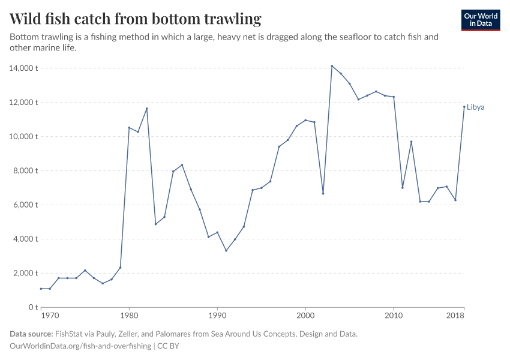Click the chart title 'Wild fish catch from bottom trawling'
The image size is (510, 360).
click(x=136, y=19)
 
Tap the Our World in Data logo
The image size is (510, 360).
click(x=480, y=20)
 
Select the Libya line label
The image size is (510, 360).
click(x=475, y=107)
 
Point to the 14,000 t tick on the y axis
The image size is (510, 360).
click(x=24, y=68)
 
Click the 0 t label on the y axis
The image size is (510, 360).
click(x=33, y=308)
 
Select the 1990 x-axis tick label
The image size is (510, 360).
click(x=217, y=315)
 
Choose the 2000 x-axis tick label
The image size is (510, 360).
click(x=305, y=315)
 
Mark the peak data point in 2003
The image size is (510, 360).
click(x=332, y=66)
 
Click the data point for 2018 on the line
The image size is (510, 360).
click(x=464, y=107)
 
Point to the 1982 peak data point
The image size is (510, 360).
click(x=146, y=109)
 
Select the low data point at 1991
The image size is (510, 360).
click(x=226, y=250)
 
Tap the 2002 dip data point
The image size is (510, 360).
click(x=323, y=193)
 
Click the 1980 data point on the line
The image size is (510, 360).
click(x=129, y=127)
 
